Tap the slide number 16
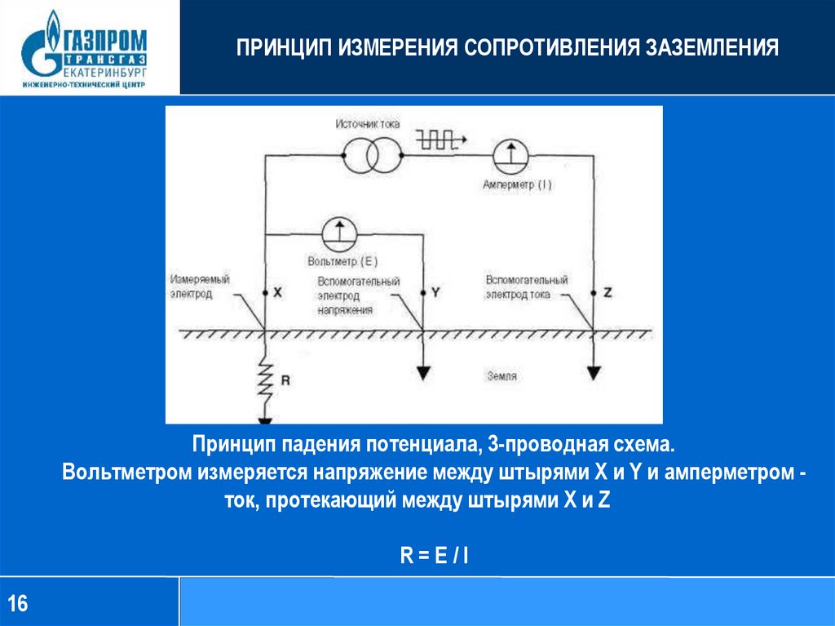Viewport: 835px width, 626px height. [18, 604]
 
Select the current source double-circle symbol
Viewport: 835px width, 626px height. [371, 154]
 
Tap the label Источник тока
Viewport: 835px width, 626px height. [367, 123]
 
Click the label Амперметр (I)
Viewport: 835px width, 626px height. [517, 185]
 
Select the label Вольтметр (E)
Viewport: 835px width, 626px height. [343, 262]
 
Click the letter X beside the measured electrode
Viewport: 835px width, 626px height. [278, 292]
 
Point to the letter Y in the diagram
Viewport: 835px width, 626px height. [435, 292]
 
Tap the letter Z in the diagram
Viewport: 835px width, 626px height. [606, 292]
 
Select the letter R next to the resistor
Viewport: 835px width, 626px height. [285, 380]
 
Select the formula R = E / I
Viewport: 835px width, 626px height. [433, 557]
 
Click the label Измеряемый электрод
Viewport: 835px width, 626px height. [199, 286]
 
